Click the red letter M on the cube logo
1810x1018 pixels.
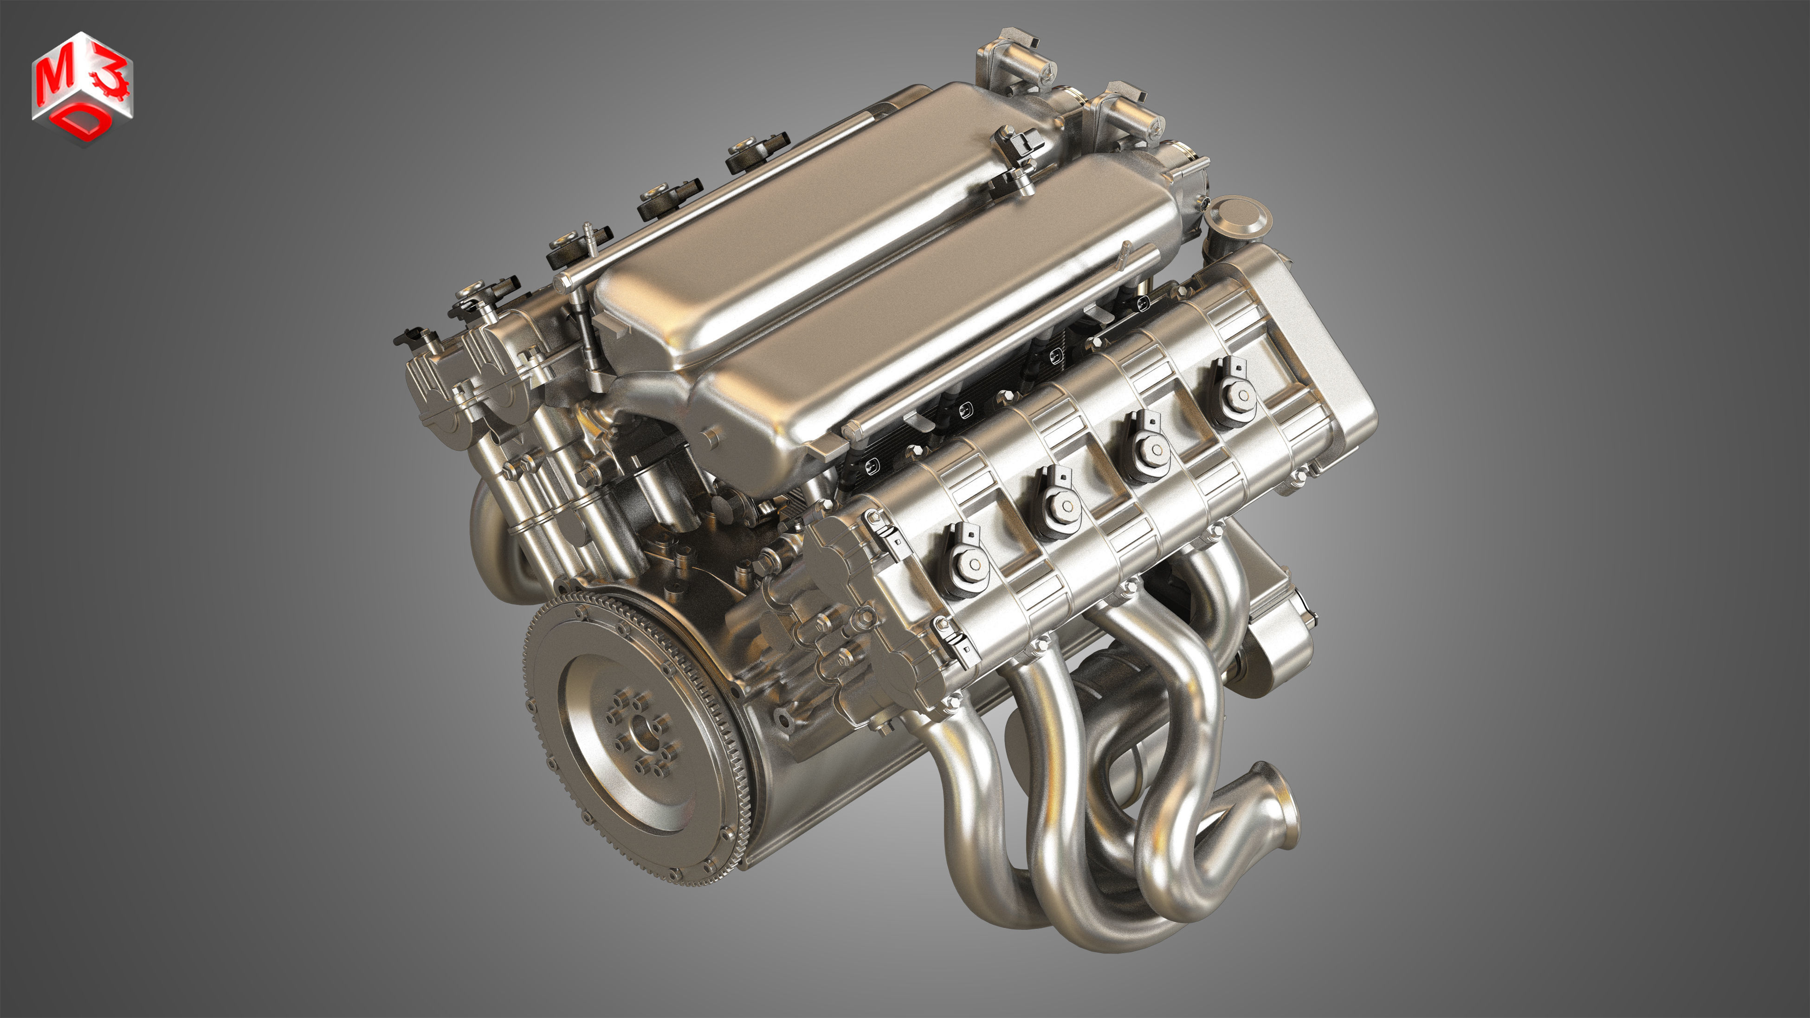56,79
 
